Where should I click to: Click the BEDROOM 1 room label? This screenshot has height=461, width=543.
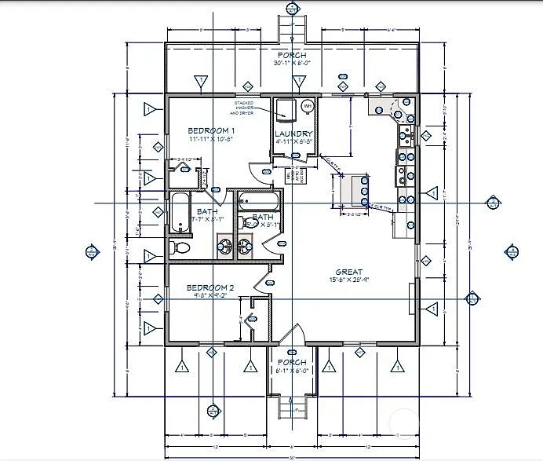211,130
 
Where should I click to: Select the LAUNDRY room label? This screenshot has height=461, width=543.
293,134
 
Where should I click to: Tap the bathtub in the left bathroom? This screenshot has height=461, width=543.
180,213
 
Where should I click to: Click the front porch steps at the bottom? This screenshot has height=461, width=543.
292,407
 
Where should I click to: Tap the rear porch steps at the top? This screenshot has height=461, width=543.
292,29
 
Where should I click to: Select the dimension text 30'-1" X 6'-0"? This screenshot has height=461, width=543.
292,63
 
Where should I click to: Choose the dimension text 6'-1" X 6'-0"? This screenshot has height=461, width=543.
292,371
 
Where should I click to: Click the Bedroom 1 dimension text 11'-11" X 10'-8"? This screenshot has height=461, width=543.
211,138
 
